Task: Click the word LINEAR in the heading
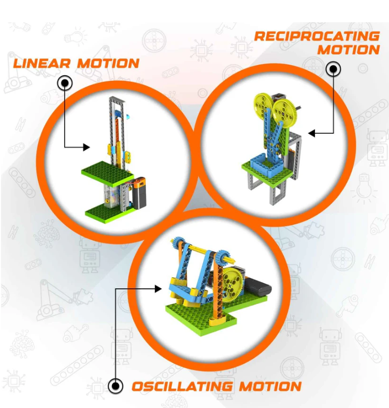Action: click(41, 63)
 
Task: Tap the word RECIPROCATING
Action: click(316, 36)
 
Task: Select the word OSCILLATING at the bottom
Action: click(182, 386)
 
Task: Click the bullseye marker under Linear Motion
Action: click(65, 83)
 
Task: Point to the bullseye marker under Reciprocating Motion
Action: click(334, 69)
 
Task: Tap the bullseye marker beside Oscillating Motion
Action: click(116, 386)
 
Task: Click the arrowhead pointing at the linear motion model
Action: click(87, 147)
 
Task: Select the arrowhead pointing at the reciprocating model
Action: click(311, 133)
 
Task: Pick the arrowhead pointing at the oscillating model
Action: click(158, 289)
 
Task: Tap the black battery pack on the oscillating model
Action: click(258, 287)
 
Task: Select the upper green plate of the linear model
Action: click(108, 173)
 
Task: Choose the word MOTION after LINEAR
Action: click(108, 63)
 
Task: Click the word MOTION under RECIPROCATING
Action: click(349, 50)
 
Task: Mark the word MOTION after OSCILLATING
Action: click(270, 386)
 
